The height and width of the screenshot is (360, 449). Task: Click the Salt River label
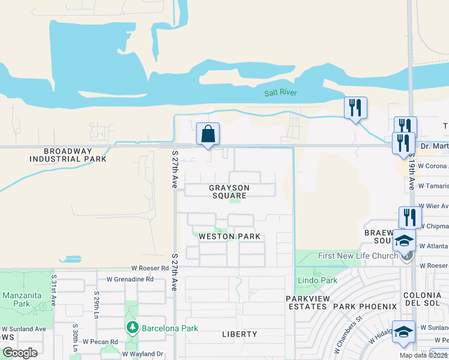pyautogui.click(x=281, y=93)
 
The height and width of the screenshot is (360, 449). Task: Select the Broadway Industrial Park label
pyautogui.click(x=68, y=155)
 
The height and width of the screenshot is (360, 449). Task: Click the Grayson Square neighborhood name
pyautogui.click(x=229, y=192)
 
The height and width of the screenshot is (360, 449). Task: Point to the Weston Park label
pyautogui.click(x=230, y=236)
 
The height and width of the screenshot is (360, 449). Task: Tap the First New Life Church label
pyautogui.click(x=358, y=256)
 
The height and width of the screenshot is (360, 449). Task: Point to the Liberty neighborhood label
pyautogui.click(x=240, y=334)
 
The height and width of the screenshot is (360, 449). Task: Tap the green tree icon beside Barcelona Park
pyautogui.click(x=133, y=328)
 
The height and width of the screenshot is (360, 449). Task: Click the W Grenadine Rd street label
pyautogui.click(x=130, y=279)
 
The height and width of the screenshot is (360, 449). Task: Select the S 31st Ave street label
pyautogui.click(x=54, y=290)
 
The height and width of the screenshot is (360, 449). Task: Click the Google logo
pyautogui.click(x=20, y=353)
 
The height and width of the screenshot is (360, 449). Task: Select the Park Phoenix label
pyautogui.click(x=365, y=307)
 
